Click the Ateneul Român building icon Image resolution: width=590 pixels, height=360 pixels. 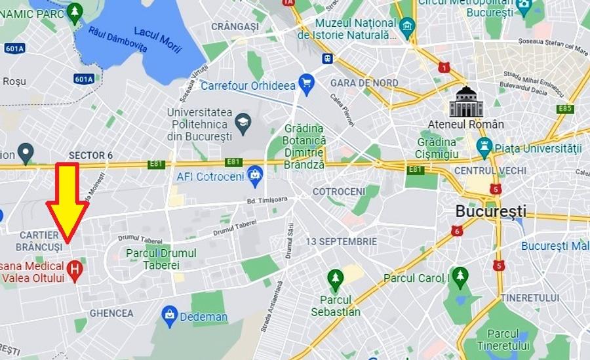coord(465,102)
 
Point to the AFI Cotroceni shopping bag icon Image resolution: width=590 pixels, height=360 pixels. coord(254,175)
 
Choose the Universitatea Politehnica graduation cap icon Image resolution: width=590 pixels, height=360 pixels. coord(243,123)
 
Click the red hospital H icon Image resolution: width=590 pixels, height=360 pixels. coord(75,270)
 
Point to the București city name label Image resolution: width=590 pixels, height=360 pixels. coord(491,212)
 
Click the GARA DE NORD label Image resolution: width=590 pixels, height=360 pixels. coord(364,83)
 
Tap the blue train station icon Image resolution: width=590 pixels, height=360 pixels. coord(327,58)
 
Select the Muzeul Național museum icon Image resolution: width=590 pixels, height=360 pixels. coord(407,26)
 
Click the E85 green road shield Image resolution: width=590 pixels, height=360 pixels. coord(565,109)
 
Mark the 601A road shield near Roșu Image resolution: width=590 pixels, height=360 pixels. coord(83,79)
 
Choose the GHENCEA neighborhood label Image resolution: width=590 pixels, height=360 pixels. coord(111,313)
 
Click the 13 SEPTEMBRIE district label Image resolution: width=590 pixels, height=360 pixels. coord(341,241)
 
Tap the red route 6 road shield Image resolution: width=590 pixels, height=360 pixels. coord(456,230)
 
